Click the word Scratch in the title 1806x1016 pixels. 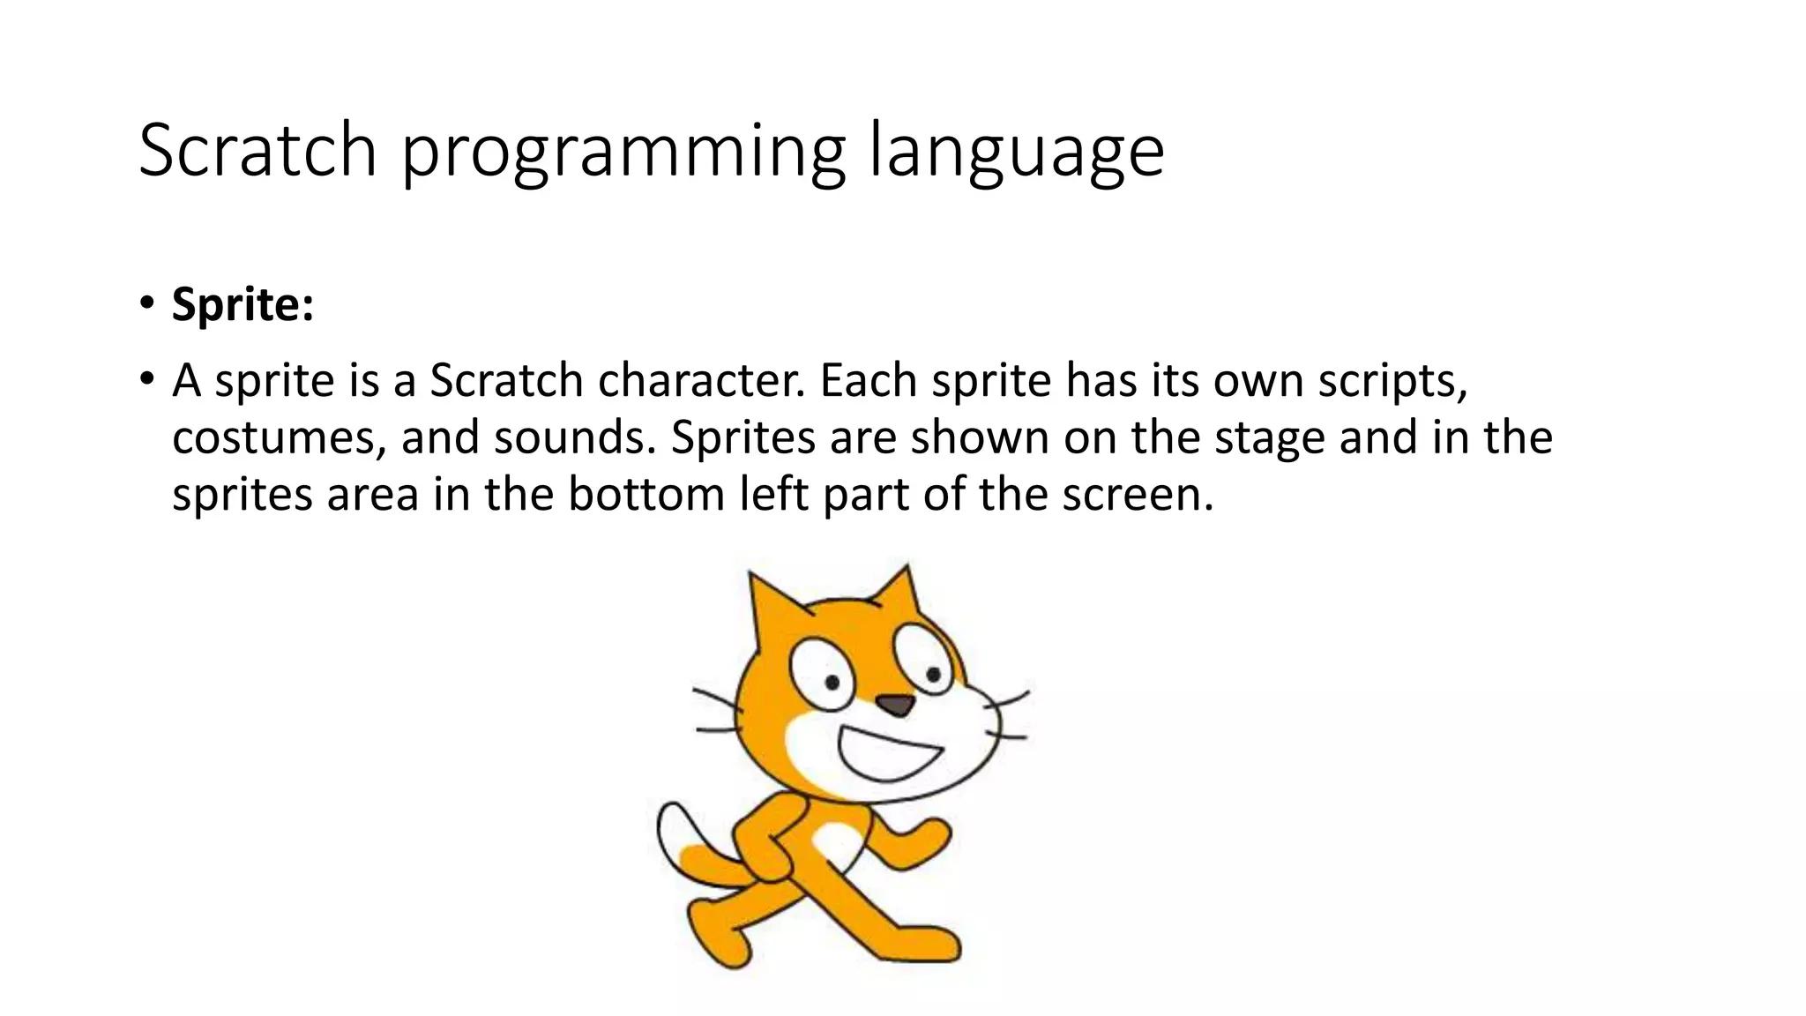coord(257,150)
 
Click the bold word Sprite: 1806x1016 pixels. coord(243,304)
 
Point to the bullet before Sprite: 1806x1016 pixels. coord(146,304)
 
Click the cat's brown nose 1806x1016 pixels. coord(897,705)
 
